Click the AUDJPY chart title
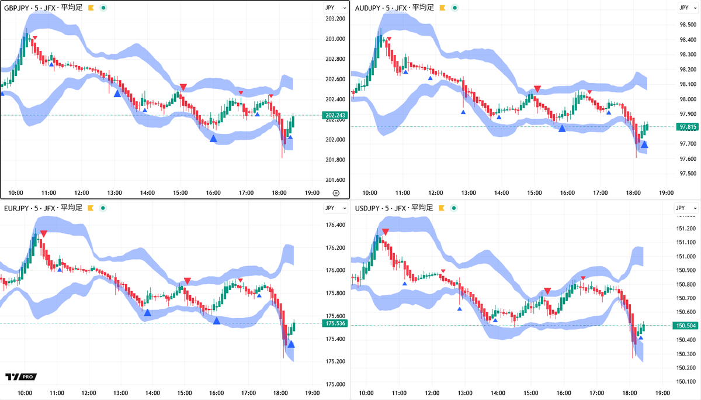point(394,8)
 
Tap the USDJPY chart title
point(393,208)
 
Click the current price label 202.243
point(334,115)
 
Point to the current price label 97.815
point(686,127)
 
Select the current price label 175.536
point(334,323)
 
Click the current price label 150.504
point(686,325)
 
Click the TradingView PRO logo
point(20,377)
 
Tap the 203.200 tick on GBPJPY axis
point(335,19)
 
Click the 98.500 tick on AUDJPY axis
point(687,25)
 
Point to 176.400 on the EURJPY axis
point(335,225)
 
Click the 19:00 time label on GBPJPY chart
point(313,192)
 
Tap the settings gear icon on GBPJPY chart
point(336,192)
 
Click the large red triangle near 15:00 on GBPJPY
point(183,87)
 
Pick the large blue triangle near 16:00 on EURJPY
point(217,320)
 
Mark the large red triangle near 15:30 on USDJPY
point(547,291)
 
